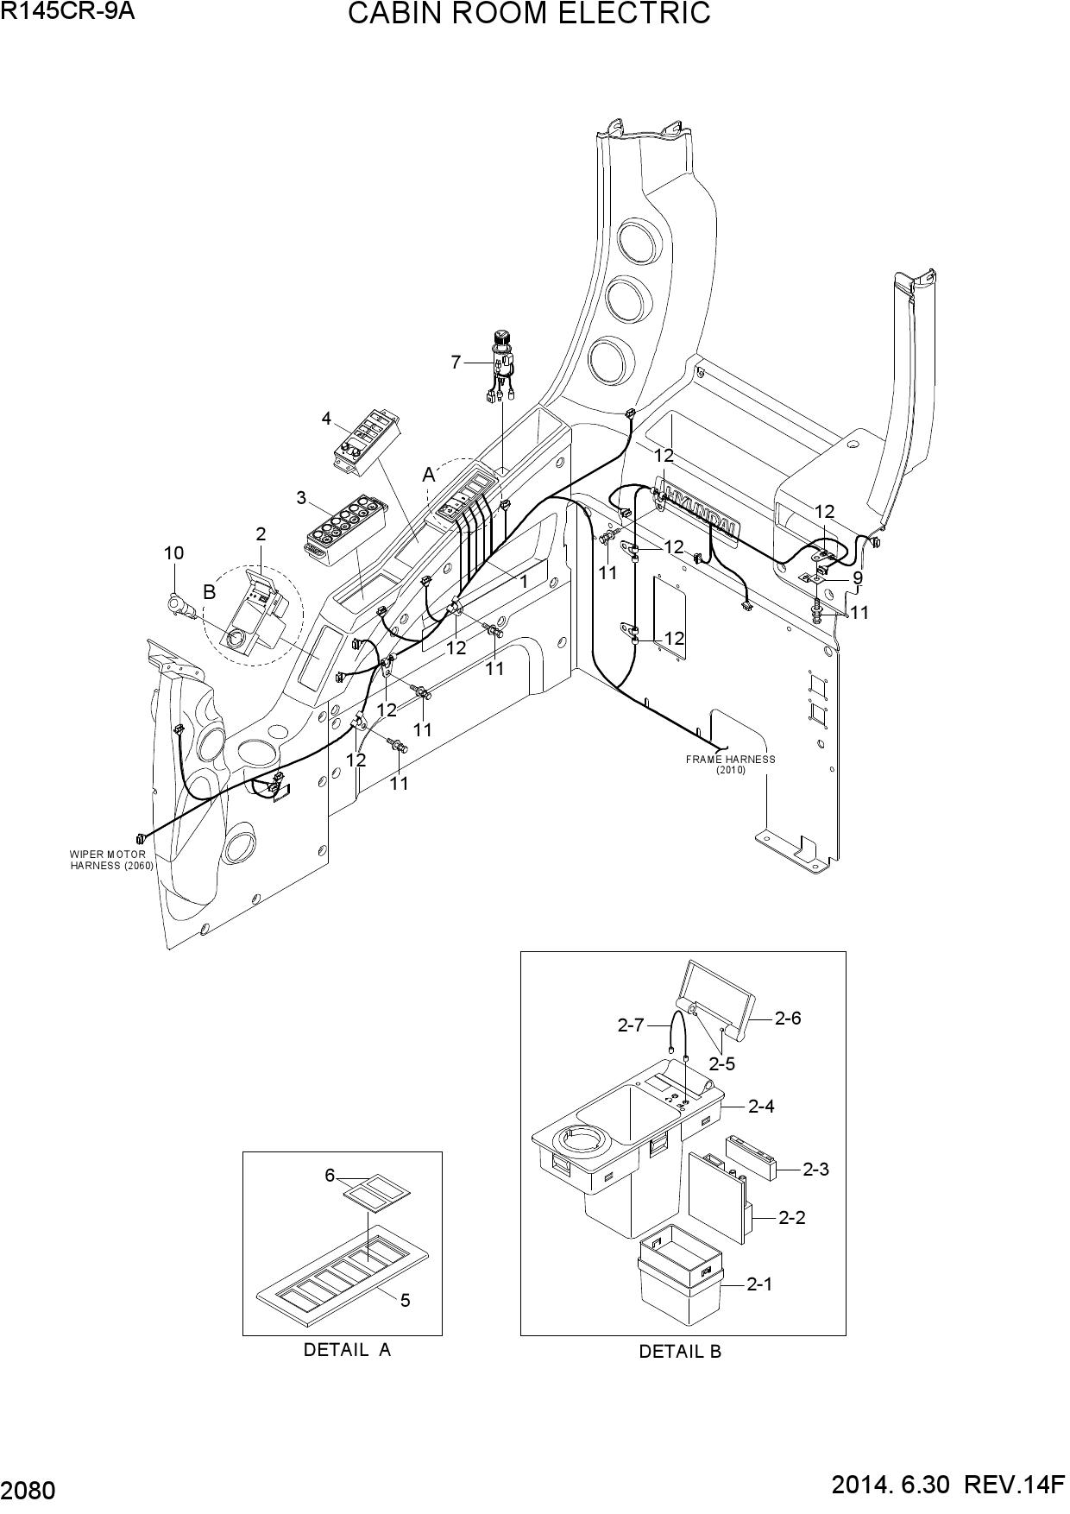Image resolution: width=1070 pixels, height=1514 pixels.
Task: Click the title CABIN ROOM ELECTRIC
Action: click(529, 14)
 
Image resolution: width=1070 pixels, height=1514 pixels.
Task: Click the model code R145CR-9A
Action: click(68, 11)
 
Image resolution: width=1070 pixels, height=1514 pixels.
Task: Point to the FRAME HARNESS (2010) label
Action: click(730, 765)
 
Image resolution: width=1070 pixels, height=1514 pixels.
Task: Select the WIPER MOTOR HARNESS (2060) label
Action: click(111, 860)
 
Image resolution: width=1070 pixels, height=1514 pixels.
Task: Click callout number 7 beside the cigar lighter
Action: click(456, 363)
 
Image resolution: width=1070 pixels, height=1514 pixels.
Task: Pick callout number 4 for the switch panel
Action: click(326, 419)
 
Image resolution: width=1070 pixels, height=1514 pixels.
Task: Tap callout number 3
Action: click(301, 497)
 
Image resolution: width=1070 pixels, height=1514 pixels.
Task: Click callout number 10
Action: click(174, 552)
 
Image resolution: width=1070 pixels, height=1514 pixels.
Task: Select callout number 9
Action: click(858, 577)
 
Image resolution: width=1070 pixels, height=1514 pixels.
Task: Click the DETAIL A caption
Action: click(347, 1349)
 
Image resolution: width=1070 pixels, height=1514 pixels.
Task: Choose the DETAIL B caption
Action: click(680, 1352)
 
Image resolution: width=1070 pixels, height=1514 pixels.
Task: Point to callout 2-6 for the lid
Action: click(787, 1018)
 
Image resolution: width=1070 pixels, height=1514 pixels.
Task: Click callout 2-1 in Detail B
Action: click(759, 1284)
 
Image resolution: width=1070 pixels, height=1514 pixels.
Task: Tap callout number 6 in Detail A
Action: click(330, 1175)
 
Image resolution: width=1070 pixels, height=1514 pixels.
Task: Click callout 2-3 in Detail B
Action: click(815, 1169)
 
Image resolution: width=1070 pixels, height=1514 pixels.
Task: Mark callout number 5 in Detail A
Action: click(406, 1300)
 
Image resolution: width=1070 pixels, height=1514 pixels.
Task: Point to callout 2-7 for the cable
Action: click(631, 1025)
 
